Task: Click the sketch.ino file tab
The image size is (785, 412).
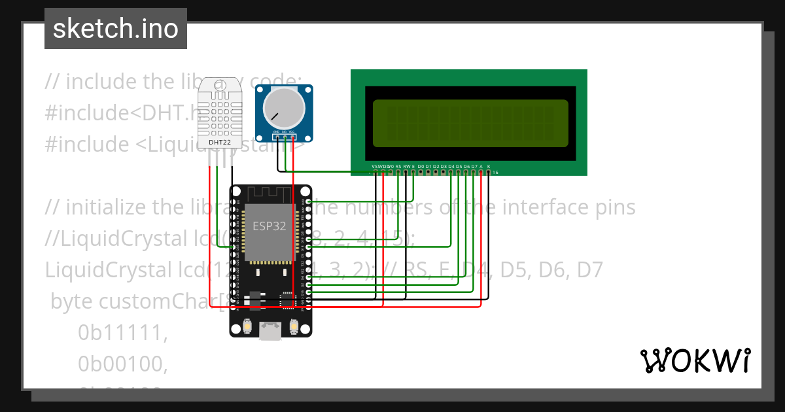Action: (115, 29)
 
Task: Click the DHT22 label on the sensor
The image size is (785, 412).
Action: (220, 142)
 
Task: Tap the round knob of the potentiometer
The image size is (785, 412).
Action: (283, 109)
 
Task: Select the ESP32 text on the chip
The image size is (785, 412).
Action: (270, 226)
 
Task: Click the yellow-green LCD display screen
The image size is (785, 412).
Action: (470, 123)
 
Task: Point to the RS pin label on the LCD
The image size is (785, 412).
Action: (398, 167)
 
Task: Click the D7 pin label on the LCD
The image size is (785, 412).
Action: (474, 167)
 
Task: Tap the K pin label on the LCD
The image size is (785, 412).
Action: (489, 167)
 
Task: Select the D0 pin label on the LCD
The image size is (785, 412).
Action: (421, 167)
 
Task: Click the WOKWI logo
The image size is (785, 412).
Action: (695, 360)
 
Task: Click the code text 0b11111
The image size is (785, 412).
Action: (123, 334)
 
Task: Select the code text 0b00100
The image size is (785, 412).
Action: (123, 365)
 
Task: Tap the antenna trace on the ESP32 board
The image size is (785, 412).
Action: (270, 194)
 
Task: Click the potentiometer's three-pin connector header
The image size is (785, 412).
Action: (284, 136)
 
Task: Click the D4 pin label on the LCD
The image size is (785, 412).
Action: (451, 167)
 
